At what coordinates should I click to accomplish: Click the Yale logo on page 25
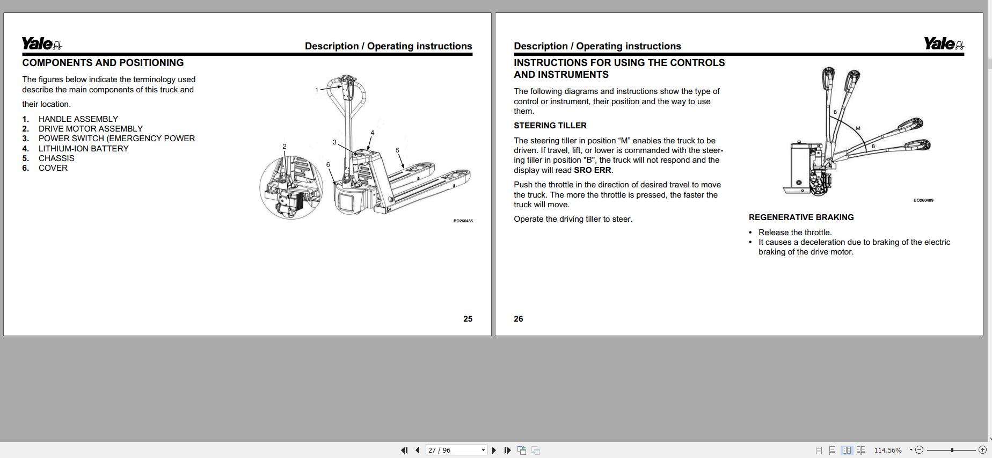41,43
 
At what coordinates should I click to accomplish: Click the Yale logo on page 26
943,43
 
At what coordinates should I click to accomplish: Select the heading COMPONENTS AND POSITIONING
103,63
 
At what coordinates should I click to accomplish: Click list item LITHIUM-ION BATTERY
83,149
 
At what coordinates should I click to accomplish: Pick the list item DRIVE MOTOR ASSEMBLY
90,129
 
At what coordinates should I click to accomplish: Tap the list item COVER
53,168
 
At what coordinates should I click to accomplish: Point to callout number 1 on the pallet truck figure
317,90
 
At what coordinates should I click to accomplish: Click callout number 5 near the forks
397,150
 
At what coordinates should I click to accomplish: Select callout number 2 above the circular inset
284,147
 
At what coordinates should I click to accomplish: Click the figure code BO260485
463,221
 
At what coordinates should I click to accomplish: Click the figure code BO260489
923,200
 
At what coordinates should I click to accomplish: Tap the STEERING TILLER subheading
550,126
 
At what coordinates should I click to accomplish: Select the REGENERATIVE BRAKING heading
801,217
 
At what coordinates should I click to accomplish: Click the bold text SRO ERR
592,170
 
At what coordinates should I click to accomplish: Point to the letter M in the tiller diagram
858,128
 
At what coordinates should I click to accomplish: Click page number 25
468,319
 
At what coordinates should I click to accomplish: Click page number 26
518,319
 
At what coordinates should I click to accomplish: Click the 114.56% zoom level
888,450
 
